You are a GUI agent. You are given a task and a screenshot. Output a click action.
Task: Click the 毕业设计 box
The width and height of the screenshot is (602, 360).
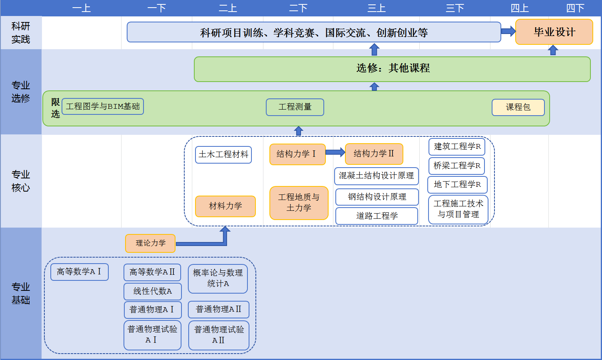pyautogui.click(x=554, y=32)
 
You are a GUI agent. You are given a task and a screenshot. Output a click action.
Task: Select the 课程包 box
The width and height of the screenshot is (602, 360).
pyautogui.click(x=518, y=107)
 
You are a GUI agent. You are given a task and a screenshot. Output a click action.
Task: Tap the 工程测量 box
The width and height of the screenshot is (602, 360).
pyautogui.click(x=295, y=107)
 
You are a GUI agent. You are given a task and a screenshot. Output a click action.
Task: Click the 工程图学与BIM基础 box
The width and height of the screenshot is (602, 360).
pyautogui.click(x=103, y=106)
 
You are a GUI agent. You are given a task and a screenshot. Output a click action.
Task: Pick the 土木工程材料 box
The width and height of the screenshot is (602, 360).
pyautogui.click(x=223, y=155)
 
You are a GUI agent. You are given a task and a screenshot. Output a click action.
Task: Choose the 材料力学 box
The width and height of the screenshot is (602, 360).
pyautogui.click(x=225, y=206)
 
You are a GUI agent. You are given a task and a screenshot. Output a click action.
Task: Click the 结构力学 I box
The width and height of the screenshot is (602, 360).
pyautogui.click(x=297, y=154)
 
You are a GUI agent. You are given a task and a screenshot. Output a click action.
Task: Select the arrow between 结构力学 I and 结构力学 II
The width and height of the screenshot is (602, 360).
pyautogui.click(x=335, y=152)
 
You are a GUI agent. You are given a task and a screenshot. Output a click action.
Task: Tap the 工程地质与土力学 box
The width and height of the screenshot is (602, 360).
pyautogui.click(x=299, y=203)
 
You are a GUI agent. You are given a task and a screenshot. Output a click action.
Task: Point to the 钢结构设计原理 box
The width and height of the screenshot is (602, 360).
pyautogui.click(x=377, y=197)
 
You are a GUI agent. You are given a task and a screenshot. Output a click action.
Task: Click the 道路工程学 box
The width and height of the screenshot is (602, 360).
pyautogui.click(x=377, y=216)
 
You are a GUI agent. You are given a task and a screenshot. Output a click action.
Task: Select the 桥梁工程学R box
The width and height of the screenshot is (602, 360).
pyautogui.click(x=456, y=166)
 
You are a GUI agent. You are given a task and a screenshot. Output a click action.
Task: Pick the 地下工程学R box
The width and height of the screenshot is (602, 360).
pyautogui.click(x=457, y=184)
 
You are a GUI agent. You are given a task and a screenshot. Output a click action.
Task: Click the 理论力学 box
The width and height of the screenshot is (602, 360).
pyautogui.click(x=150, y=243)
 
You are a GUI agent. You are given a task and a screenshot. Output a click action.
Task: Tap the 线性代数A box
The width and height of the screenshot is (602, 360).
pyautogui.click(x=153, y=291)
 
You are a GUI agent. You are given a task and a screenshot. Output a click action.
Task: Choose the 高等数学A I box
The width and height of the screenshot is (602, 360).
pyautogui.click(x=80, y=272)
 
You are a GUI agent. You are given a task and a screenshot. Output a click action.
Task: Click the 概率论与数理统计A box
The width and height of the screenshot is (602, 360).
pyautogui.click(x=218, y=278)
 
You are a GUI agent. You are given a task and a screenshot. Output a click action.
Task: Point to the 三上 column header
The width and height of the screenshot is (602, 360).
pyautogui.click(x=377, y=8)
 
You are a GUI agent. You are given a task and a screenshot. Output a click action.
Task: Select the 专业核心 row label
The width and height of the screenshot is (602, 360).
pyautogui.click(x=21, y=181)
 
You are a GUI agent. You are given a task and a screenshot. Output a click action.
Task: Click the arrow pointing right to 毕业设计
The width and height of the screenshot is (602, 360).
pyautogui.click(x=508, y=31)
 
